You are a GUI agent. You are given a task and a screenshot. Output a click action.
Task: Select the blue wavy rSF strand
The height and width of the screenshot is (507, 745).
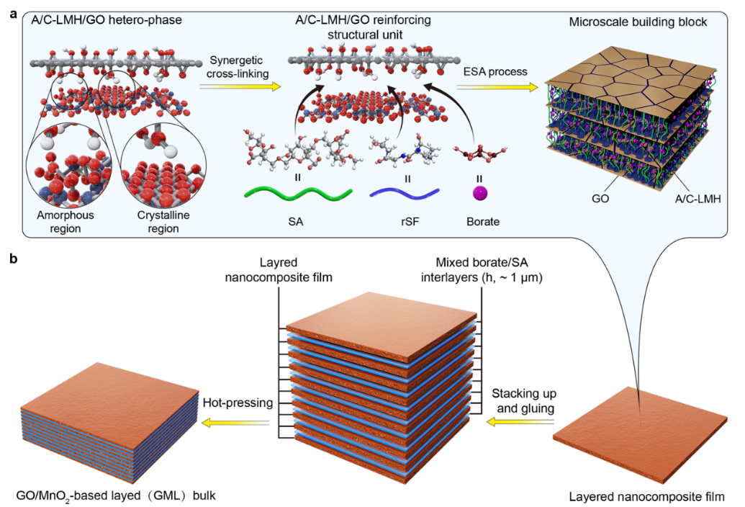coord(405,193)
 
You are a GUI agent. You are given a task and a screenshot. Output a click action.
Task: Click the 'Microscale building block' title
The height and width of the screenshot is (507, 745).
coord(638,22)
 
